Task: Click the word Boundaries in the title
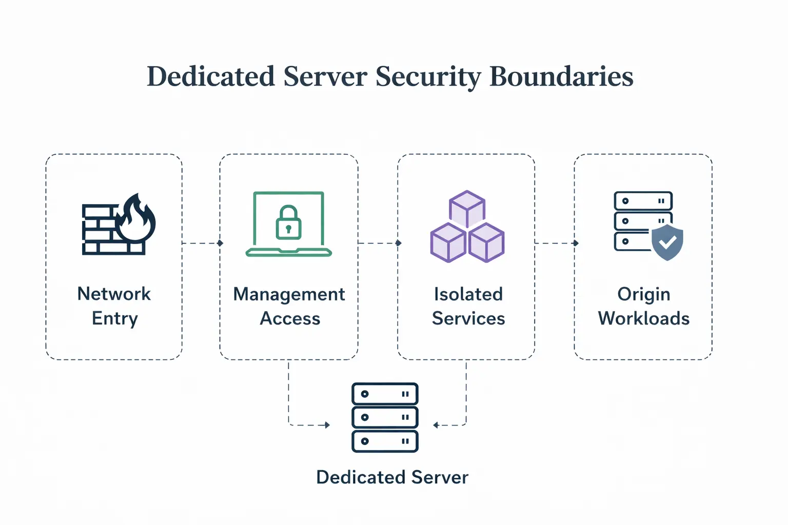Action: [561, 76]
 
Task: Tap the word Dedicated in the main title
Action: [211, 76]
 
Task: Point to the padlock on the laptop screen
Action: [288, 223]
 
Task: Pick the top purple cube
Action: [467, 208]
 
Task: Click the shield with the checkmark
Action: [667, 242]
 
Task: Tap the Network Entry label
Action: [114, 306]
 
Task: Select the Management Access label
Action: [289, 306]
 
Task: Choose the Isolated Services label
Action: [468, 306]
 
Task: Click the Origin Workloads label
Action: [643, 306]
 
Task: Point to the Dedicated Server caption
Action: [392, 477]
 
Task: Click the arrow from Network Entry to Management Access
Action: [202, 243]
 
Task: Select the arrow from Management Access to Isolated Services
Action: [379, 243]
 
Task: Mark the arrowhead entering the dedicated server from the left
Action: [327, 425]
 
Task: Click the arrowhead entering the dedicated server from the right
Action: [436, 425]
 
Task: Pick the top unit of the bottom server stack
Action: [385, 394]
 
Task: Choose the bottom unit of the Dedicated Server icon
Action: [385, 441]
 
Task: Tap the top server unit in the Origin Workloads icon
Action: [643, 201]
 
